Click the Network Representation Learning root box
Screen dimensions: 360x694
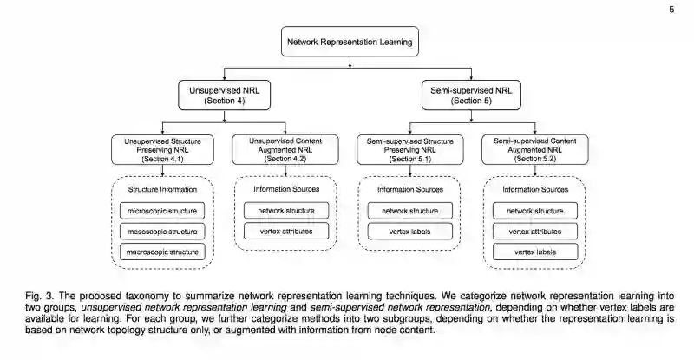(x=350, y=41)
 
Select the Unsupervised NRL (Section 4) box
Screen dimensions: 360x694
(x=226, y=95)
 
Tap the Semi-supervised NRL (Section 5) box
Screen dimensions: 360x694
(x=471, y=95)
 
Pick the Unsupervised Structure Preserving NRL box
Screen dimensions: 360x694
(x=163, y=148)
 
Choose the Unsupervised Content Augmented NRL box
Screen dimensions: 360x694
(x=286, y=148)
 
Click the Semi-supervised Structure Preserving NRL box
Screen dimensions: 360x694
(x=409, y=148)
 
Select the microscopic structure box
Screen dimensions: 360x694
(x=163, y=210)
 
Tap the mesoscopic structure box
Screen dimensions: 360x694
(x=163, y=231)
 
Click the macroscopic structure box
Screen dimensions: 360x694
(x=163, y=252)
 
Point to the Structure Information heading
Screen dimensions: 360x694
(x=163, y=189)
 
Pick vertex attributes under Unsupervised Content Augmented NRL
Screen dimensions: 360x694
(x=286, y=231)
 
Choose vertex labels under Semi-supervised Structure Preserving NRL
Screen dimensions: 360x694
(x=409, y=231)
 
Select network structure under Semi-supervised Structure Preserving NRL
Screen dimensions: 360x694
(x=409, y=210)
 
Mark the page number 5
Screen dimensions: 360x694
(x=671, y=10)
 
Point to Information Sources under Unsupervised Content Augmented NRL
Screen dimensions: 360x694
(x=286, y=189)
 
